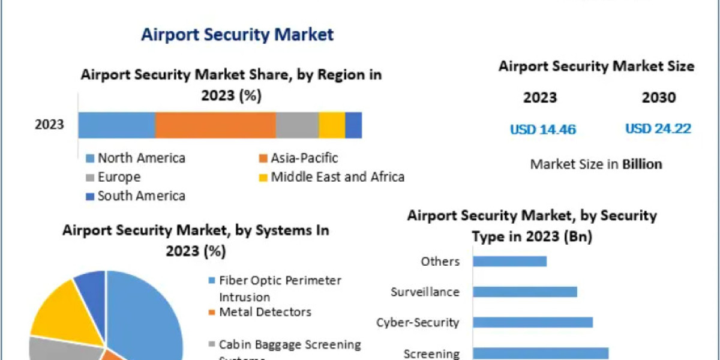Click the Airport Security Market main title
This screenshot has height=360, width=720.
[237, 34]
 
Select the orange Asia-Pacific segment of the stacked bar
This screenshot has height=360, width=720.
[215, 125]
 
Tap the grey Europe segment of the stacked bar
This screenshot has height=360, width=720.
[297, 125]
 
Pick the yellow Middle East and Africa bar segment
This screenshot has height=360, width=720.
[332, 125]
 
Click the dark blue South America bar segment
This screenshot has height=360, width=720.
[353, 125]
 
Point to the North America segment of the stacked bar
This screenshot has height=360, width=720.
[116, 125]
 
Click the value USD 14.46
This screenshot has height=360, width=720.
[543, 129]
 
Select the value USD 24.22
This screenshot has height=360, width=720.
[658, 128]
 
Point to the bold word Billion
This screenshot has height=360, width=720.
[641, 164]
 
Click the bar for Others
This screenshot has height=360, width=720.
[509, 261]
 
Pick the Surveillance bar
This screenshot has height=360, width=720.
[525, 292]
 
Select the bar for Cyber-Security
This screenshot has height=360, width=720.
[533, 322]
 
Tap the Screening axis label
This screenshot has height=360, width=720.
[431, 353]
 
